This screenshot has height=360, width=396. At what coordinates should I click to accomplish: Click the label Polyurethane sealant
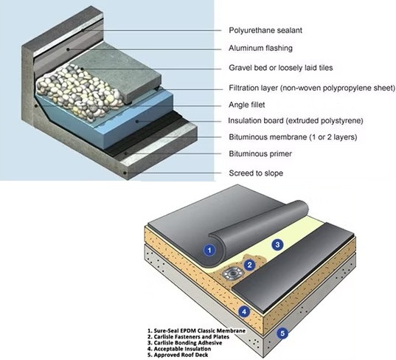tap(265, 30)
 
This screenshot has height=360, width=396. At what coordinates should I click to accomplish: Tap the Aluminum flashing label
tap(260, 48)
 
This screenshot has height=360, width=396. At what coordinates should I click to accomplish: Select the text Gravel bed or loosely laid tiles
tap(281, 68)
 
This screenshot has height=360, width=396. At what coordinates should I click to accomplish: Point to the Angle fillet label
tap(247, 105)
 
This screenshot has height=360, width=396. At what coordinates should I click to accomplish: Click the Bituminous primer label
tap(260, 153)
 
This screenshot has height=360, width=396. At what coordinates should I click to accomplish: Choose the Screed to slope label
tap(256, 173)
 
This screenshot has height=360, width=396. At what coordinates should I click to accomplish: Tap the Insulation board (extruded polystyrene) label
tap(296, 121)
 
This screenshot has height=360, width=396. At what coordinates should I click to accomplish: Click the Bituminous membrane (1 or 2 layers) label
tap(293, 137)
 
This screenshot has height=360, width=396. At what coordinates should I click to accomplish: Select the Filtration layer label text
tap(312, 88)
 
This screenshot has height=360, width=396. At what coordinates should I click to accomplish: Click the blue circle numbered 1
tap(209, 250)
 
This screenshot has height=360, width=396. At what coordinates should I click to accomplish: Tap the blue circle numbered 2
tap(249, 265)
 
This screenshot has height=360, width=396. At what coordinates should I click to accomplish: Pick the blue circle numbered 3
tap(277, 244)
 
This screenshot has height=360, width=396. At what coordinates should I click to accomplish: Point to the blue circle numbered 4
tap(244, 312)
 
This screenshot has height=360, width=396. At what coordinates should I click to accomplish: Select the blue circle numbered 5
tap(282, 333)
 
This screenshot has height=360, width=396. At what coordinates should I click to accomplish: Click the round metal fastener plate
tap(232, 274)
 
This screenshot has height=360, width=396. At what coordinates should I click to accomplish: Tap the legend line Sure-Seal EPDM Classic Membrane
tap(196, 330)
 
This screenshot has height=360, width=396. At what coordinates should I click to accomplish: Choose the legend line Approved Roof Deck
tap(178, 355)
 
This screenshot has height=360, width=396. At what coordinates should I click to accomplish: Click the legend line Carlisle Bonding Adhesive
tap(185, 343)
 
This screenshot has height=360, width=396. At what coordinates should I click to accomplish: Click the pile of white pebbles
tap(80, 92)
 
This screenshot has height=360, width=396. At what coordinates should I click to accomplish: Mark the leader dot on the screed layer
tap(125, 173)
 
